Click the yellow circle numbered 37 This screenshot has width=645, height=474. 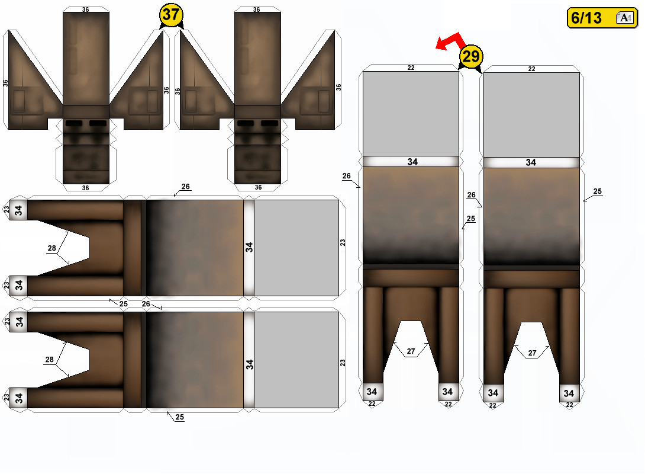(x=170, y=15)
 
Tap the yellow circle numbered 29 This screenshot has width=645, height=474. (x=471, y=56)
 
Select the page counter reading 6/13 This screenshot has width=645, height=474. (x=586, y=18)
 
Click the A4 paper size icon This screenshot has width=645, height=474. (x=625, y=18)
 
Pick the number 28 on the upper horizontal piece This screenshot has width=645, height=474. (x=52, y=248)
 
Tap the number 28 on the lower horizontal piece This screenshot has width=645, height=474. (x=49, y=360)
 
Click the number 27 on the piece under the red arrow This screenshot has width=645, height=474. (x=411, y=351)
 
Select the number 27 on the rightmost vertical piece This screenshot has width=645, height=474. (x=533, y=353)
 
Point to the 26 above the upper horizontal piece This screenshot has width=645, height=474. (x=186, y=187)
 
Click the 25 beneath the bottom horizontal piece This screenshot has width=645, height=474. (x=180, y=417)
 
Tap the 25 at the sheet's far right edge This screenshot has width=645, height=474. (x=597, y=191)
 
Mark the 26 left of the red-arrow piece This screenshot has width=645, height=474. (x=346, y=176)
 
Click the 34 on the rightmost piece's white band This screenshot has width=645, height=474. (x=531, y=163)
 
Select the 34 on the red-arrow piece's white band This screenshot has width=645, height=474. (x=412, y=162)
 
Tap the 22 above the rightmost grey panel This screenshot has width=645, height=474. (x=531, y=69)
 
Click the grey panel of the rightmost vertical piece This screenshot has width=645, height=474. (x=531, y=115)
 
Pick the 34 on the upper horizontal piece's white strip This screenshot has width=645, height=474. (x=249, y=247)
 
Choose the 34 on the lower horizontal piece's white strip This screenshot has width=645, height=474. (x=249, y=364)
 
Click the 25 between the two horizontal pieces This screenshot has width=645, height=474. (x=124, y=304)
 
